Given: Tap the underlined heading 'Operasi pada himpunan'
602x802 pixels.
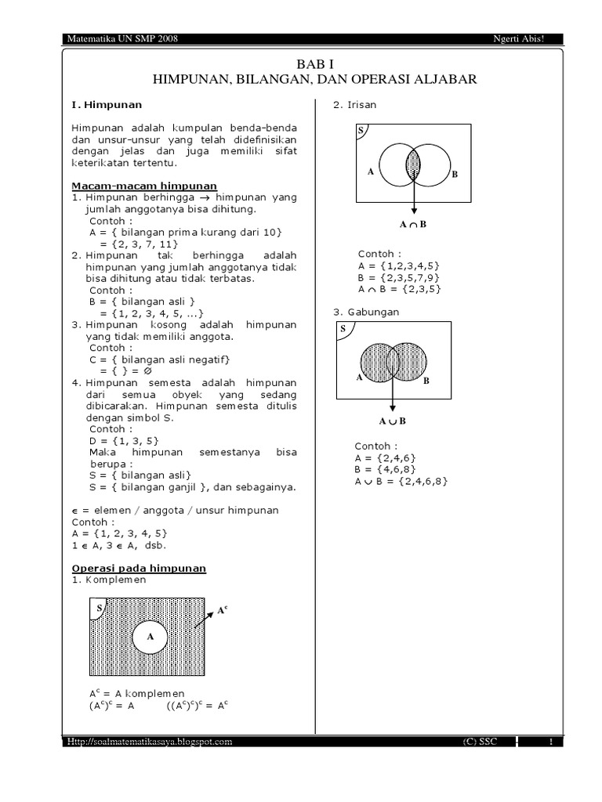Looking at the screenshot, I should tap(139, 568).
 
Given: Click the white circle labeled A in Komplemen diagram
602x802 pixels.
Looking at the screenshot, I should tap(150, 638).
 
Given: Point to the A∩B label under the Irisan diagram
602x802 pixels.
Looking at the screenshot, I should tap(413, 225).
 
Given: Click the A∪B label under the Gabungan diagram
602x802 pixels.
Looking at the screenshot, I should tap(392, 421).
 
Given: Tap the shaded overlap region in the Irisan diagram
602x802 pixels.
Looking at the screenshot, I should tap(413, 164).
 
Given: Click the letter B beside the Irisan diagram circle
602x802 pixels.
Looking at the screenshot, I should tap(454, 175).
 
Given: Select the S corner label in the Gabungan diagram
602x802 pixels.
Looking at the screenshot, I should tap(343, 329).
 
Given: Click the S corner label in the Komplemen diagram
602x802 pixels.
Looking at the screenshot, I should tap(99, 607).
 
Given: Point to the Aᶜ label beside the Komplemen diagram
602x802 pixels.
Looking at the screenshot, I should tap(222, 609).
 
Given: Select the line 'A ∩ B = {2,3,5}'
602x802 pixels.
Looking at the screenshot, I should tap(400, 289).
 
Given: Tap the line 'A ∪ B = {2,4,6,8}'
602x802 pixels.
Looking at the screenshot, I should tap(401, 481).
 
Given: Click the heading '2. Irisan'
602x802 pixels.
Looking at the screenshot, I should tap(355, 106).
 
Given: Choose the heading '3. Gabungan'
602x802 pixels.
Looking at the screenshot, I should tap(366, 312).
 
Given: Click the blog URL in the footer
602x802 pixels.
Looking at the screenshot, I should tap(149, 741).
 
